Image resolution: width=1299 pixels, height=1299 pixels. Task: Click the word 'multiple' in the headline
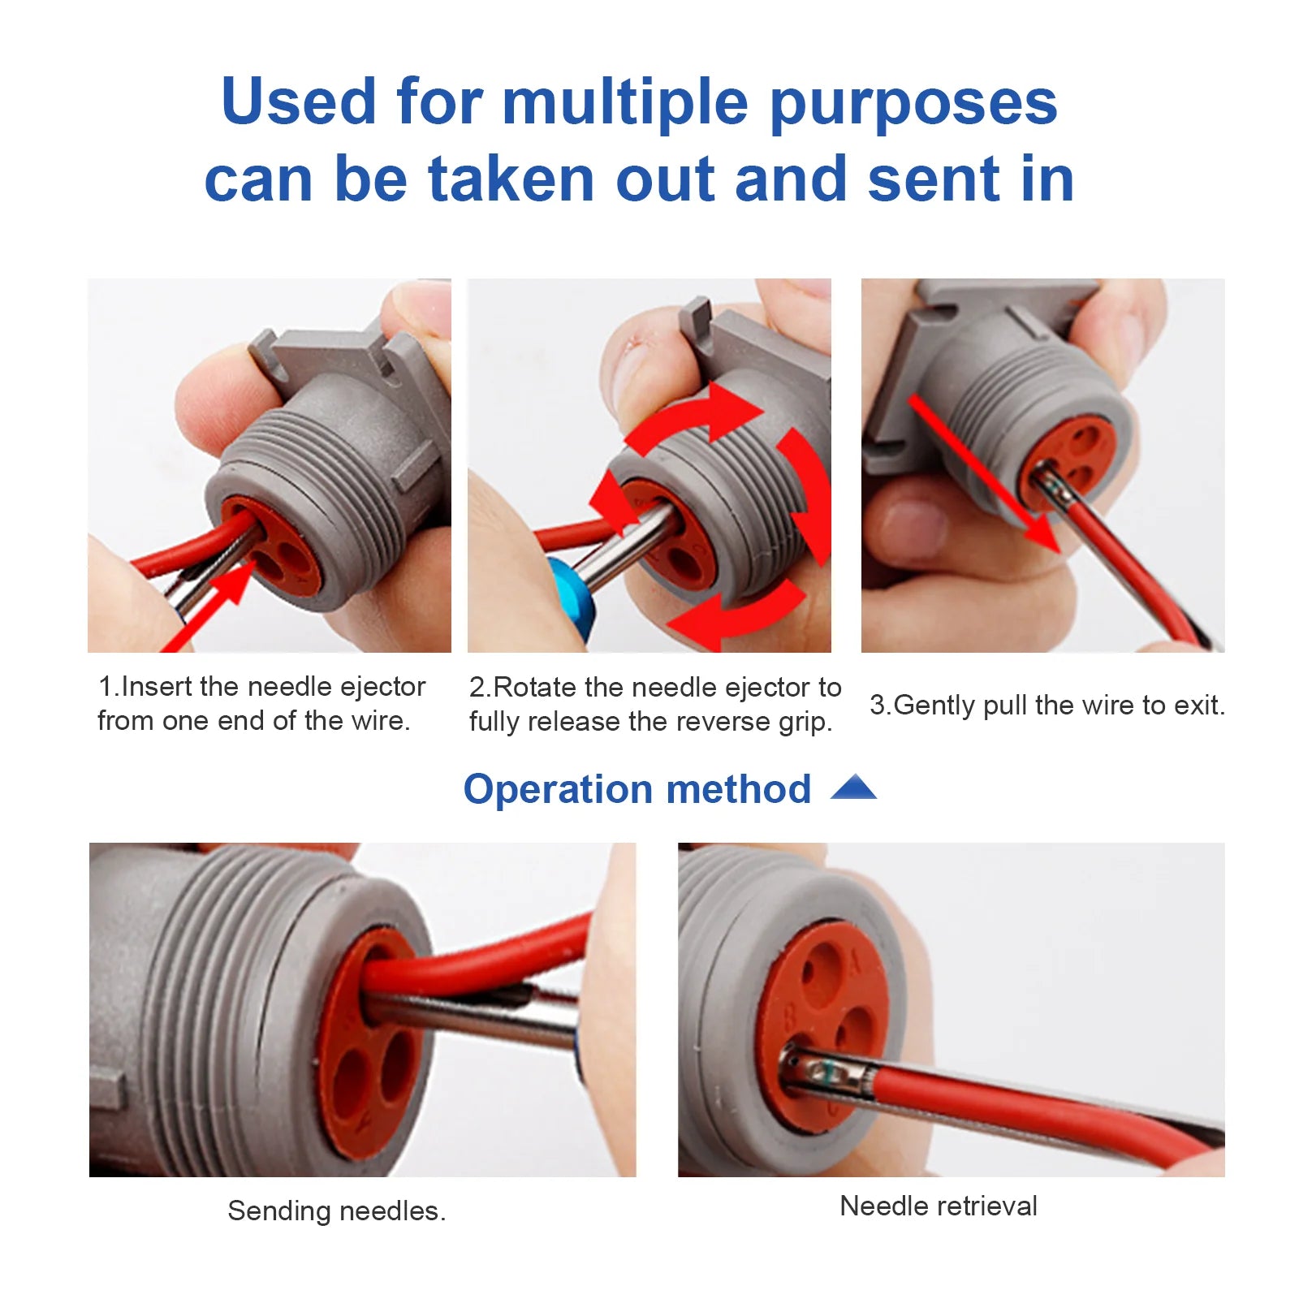624,103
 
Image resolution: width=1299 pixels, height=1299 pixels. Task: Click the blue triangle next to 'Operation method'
853,788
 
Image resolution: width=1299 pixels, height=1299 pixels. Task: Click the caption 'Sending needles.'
336,1211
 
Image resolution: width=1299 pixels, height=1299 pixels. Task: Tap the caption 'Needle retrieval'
938,1206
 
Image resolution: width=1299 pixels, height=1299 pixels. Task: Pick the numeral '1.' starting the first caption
108,687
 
